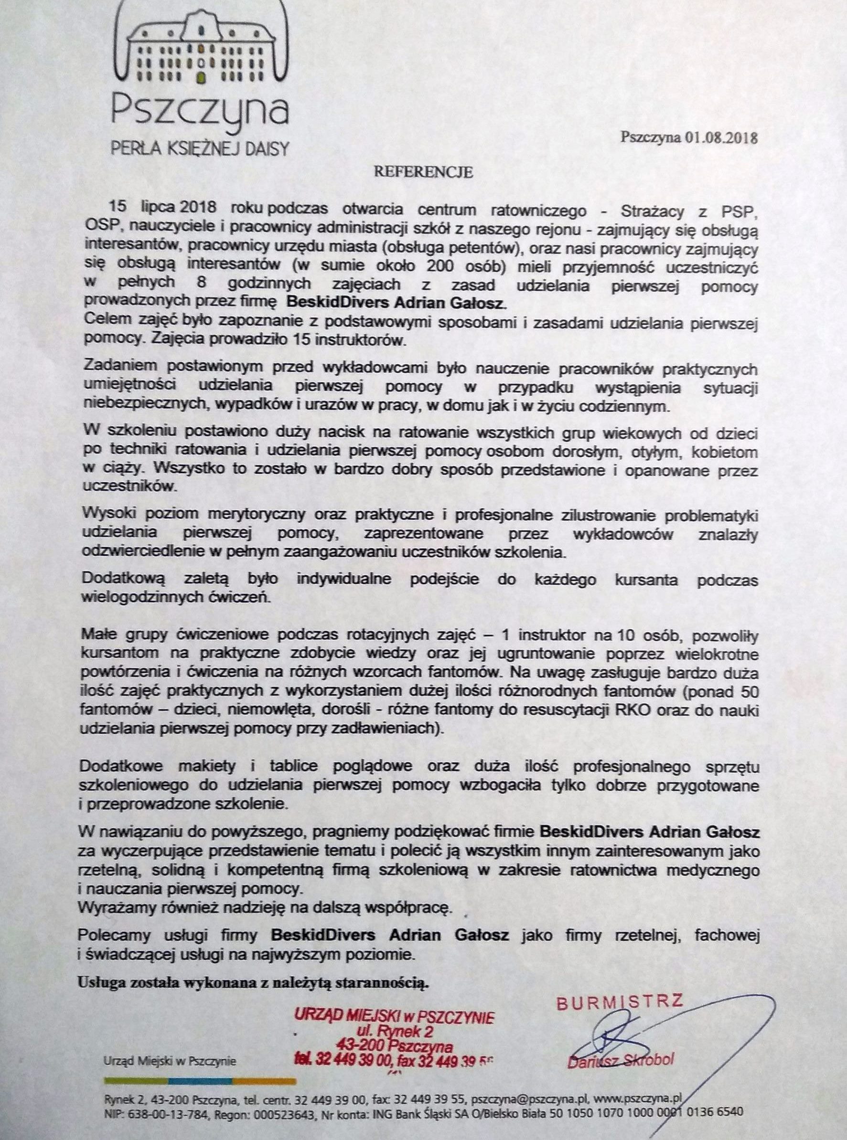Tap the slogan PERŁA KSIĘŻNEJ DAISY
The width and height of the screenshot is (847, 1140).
tap(200, 150)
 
